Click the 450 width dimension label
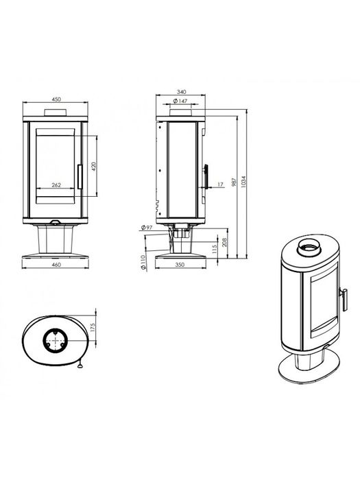56,99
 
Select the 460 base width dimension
57,265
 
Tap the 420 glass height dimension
94,166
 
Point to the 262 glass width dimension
56,185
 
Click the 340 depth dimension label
182,92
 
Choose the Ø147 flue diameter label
180,101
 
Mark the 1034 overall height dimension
243,182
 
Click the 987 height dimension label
235,182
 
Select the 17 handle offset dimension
220,184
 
